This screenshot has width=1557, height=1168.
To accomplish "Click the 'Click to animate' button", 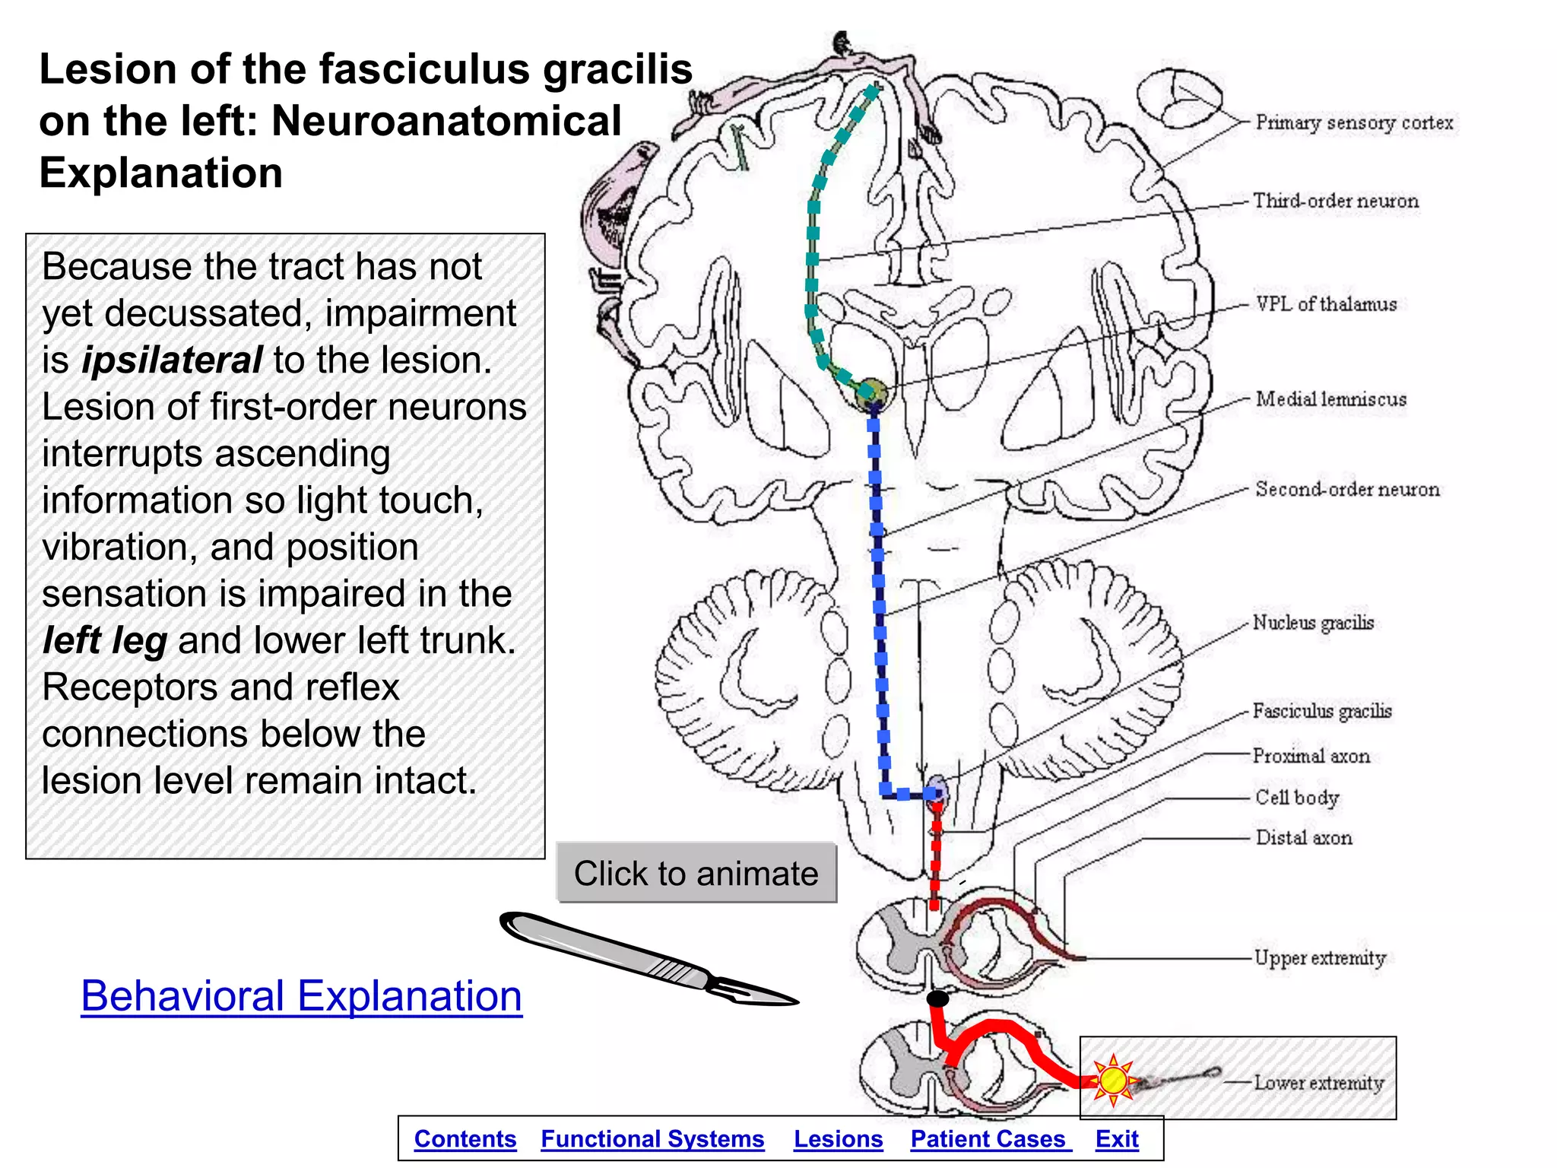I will (696, 873).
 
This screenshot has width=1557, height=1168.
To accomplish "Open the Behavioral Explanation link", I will (301, 995).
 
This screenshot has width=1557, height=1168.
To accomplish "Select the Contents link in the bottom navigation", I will (465, 1139).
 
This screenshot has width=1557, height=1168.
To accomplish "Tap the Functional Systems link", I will (652, 1139).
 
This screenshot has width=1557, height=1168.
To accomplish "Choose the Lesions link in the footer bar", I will (838, 1139).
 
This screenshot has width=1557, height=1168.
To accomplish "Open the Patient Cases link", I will (988, 1139).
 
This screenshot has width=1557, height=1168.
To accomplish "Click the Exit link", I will (1117, 1139).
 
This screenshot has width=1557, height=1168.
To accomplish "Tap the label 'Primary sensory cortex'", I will (1354, 122).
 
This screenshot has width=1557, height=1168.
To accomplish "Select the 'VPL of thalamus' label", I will (1326, 304).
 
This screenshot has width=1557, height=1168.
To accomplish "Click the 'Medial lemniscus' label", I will (1330, 399).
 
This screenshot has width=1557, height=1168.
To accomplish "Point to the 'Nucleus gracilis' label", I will (1313, 623).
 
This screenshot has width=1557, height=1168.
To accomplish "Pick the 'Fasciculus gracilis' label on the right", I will (1321, 711).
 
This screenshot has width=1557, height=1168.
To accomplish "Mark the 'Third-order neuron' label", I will (1336, 201).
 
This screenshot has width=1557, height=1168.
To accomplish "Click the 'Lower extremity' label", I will (1318, 1082).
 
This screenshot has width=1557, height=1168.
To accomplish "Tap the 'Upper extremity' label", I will (1320, 958).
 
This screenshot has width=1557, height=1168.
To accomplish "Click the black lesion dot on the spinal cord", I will (938, 998).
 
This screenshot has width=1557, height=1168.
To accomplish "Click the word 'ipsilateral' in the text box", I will (173, 360).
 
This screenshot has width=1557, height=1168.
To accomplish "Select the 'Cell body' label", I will (1297, 797).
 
